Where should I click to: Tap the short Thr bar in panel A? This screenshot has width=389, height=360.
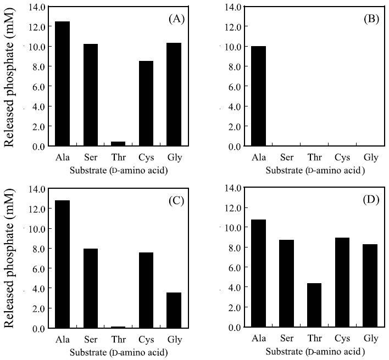pos(118,144)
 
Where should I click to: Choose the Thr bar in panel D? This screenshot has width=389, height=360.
pos(314,305)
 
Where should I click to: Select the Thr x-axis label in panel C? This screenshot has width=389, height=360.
pos(118,340)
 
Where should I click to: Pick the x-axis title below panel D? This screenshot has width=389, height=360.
pos(314,351)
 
